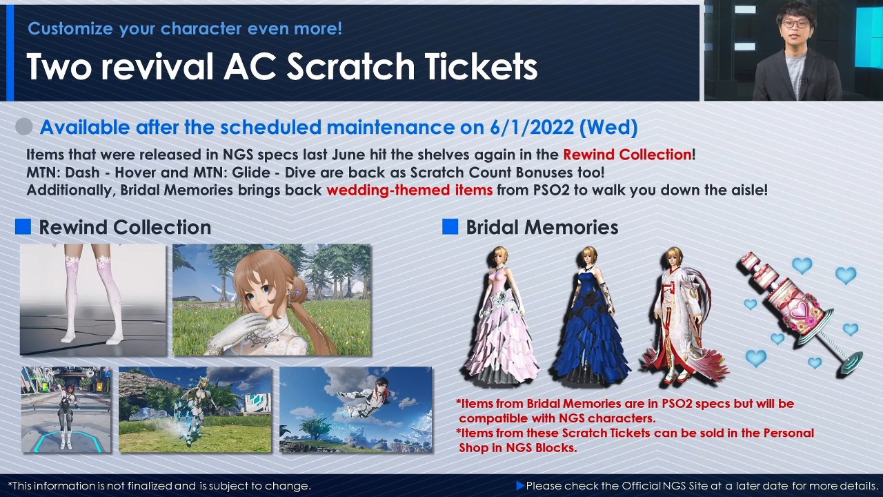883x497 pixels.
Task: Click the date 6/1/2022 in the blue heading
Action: [x=532, y=128]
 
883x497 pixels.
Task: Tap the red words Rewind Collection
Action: [x=627, y=155]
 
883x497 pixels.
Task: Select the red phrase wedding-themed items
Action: [x=410, y=190]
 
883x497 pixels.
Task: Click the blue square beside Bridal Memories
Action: [x=450, y=227]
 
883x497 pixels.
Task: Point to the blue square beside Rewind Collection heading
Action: [x=23, y=227]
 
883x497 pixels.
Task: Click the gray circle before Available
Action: [x=23, y=127]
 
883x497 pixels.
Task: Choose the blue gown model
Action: [x=590, y=315]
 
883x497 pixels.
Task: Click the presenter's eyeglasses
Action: [x=795, y=23]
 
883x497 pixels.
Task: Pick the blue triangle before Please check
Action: [x=520, y=485]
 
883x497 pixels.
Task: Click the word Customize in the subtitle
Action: [x=70, y=29]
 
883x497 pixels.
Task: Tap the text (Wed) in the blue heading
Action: [x=608, y=128]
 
